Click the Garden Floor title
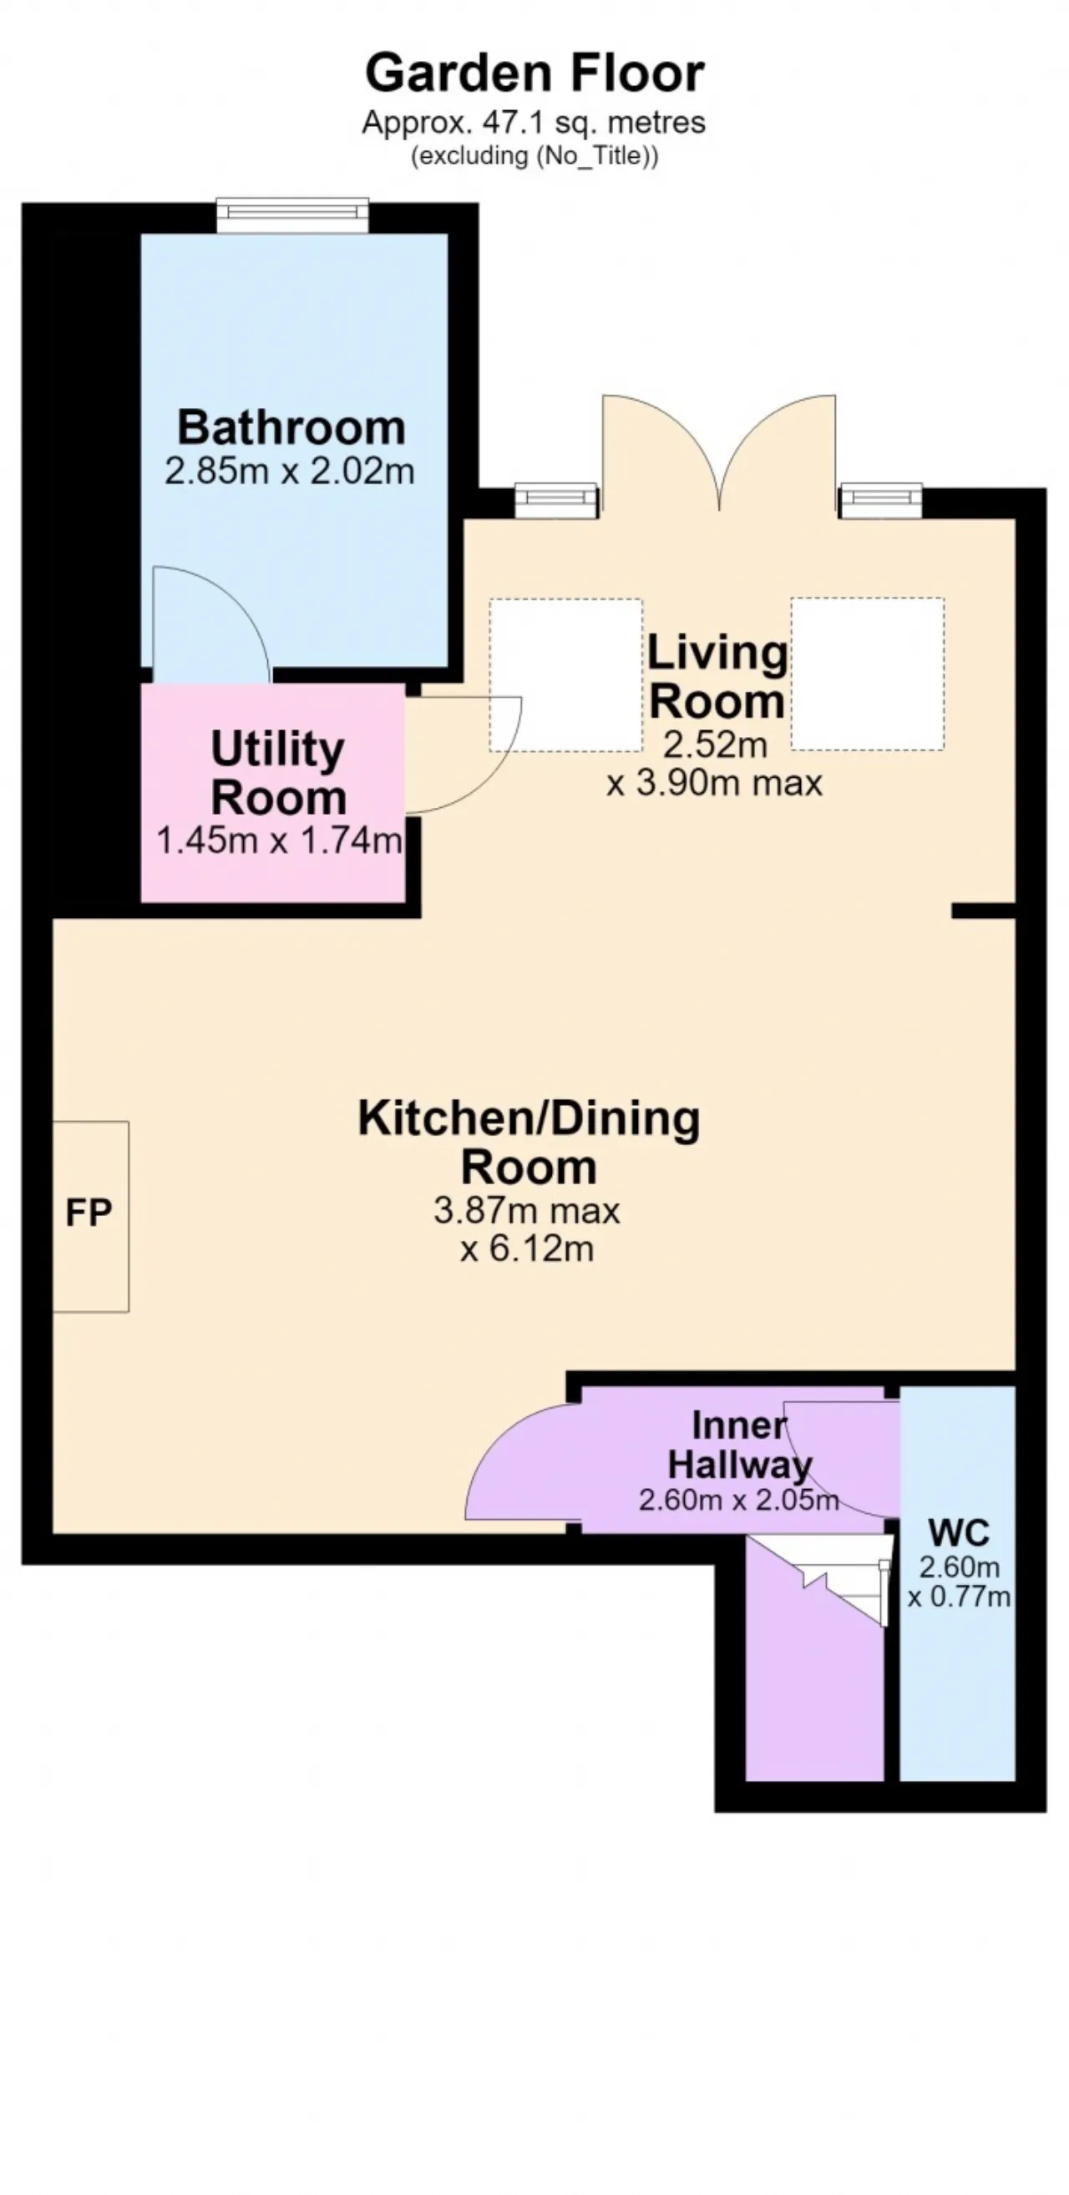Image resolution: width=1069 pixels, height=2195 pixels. (x=534, y=73)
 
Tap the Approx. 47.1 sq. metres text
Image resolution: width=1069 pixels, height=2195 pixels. (x=534, y=123)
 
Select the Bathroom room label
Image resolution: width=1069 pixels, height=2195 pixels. (x=291, y=427)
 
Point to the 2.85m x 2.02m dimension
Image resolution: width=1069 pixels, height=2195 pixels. (x=290, y=471)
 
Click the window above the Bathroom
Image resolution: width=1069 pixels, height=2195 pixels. (x=292, y=214)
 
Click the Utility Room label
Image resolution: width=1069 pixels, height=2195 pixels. (x=278, y=773)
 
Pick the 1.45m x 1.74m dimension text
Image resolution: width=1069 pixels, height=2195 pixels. (x=279, y=841)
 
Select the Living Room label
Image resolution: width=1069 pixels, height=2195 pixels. (x=717, y=677)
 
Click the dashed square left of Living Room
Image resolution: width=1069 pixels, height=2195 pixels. (x=565, y=675)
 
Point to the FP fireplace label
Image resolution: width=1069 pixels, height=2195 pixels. (x=89, y=1214)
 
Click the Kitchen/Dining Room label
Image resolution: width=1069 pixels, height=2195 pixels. (x=529, y=1142)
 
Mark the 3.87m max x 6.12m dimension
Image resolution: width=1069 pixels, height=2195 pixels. (x=527, y=1229)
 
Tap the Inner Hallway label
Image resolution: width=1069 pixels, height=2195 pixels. (x=739, y=1446)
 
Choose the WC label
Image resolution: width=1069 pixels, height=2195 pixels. (x=959, y=1533)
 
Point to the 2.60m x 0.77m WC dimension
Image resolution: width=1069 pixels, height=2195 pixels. (x=959, y=1582)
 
